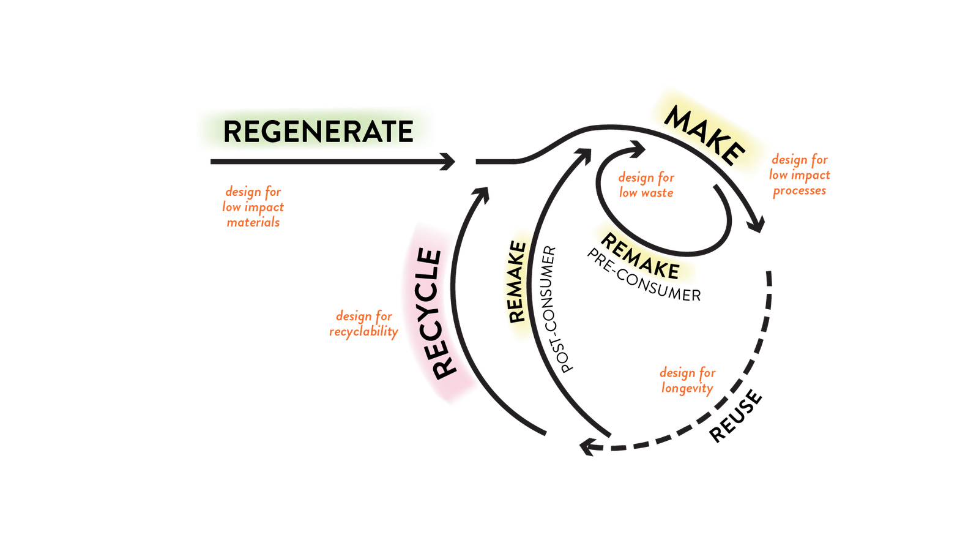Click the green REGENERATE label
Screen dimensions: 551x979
(316, 130)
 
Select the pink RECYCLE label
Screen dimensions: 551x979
(438, 314)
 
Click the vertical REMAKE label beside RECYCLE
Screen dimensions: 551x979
(517, 283)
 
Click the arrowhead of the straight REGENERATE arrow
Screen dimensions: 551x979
(450, 162)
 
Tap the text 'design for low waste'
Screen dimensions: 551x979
(646, 185)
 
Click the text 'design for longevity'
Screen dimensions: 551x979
(687, 380)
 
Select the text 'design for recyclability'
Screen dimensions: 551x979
(364, 324)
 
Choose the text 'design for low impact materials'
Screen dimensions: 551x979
(253, 208)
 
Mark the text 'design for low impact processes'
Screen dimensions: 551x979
(799, 175)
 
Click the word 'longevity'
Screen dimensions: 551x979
(687, 388)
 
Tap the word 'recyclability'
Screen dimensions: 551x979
(364, 332)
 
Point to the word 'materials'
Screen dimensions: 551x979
(253, 223)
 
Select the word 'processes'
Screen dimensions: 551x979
(799, 190)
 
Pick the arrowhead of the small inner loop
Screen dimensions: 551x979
(639, 147)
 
